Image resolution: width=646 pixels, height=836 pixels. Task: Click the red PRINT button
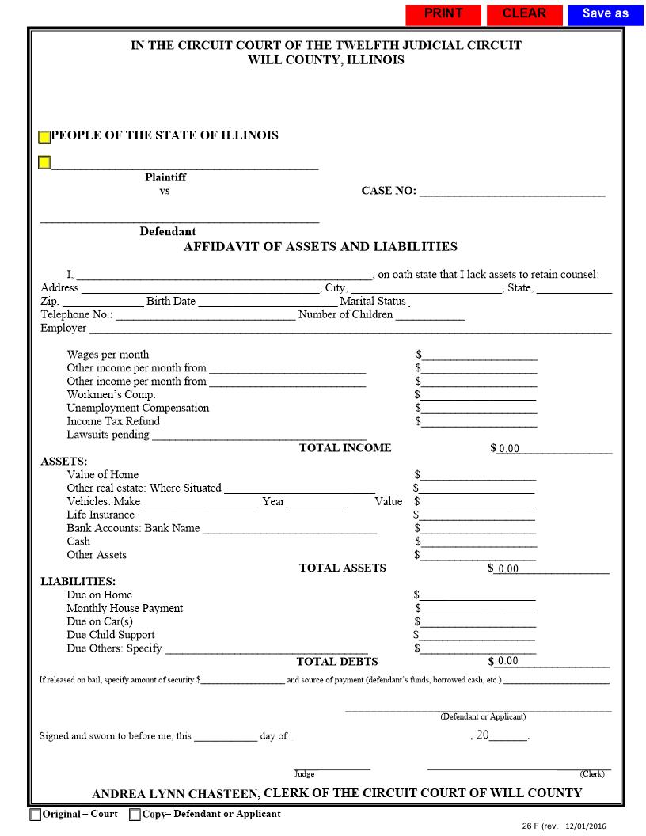443,14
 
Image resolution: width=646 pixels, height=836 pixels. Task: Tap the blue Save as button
605,14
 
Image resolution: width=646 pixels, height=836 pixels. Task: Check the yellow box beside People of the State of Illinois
44,138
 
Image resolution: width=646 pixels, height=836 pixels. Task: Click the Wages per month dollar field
480,355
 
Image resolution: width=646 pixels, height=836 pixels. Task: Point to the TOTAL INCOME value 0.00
509,449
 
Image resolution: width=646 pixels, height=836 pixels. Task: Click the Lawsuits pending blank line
259,434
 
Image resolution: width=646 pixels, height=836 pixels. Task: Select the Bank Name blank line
289,528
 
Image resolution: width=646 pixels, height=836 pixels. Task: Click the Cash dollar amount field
480,541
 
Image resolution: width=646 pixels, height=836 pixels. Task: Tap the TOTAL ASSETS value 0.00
508,568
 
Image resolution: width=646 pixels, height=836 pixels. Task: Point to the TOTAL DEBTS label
337,661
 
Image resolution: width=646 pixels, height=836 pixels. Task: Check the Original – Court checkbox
36,815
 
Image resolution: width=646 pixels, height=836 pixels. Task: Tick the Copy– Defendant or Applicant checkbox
135,815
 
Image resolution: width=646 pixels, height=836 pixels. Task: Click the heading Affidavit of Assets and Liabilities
321,246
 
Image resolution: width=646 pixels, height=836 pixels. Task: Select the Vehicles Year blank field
316,501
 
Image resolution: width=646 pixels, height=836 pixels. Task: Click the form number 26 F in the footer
530,826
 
